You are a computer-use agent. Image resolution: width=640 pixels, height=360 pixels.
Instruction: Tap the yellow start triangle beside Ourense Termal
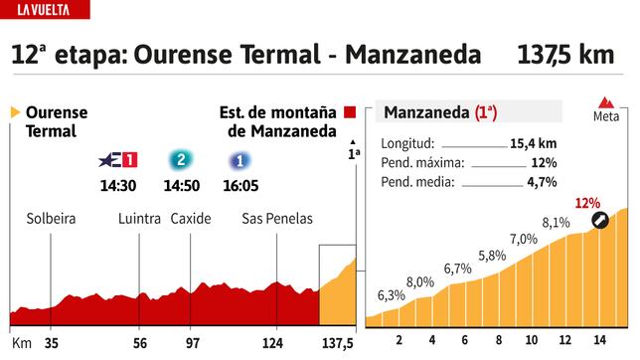[x=15, y=113]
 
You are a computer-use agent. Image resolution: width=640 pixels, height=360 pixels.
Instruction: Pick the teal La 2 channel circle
[x=180, y=159]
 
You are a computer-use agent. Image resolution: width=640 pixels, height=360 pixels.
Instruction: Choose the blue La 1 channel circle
[x=239, y=159]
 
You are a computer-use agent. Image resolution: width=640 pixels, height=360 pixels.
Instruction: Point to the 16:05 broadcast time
[x=239, y=185]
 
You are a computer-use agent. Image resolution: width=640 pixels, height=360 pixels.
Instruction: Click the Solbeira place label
[x=52, y=219]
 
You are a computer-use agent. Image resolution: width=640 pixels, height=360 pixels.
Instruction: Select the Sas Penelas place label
[x=277, y=219]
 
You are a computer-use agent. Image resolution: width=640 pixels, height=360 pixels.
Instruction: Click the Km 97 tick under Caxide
[x=193, y=342]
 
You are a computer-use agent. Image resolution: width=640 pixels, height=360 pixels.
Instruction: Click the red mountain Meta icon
[x=606, y=103]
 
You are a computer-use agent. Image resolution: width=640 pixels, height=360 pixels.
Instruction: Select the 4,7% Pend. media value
[x=540, y=182]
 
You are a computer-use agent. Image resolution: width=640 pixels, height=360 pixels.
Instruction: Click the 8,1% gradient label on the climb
[x=557, y=222]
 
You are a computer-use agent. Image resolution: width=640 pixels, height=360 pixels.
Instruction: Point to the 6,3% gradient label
[x=392, y=295]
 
